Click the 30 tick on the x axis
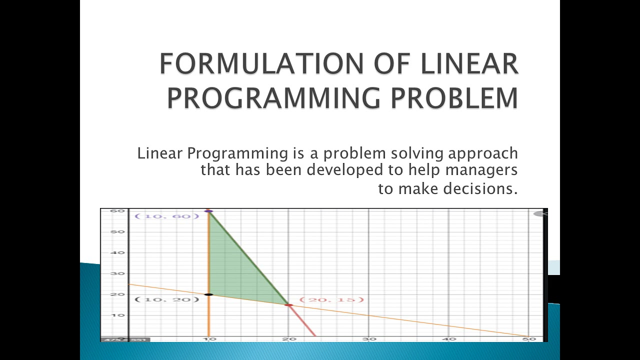coord(368,339)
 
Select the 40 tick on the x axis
coord(449,339)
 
